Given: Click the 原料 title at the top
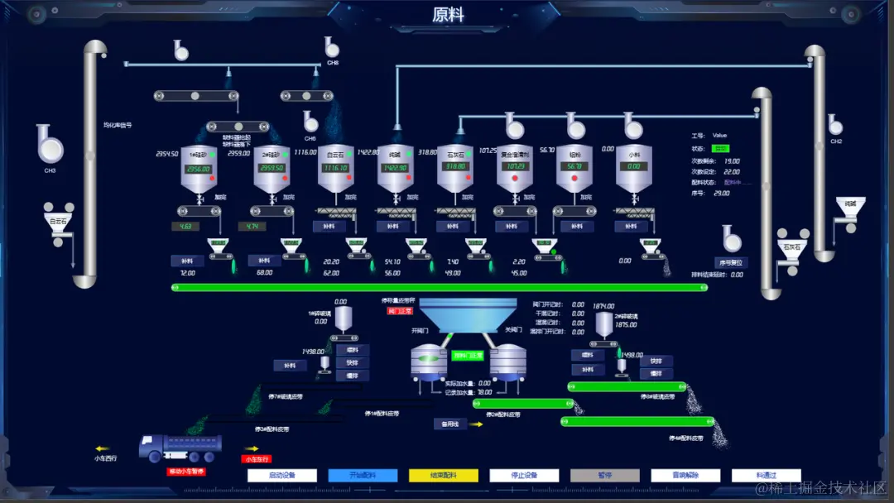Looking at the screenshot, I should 448,15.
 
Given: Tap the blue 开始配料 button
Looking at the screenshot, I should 363,476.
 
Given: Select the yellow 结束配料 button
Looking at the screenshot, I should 443,476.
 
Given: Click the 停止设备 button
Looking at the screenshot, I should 524,476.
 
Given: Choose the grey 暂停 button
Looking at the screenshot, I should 604,476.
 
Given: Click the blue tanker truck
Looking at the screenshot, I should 180,448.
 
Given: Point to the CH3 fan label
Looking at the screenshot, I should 50,170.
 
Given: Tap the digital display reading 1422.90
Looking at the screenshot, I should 395,167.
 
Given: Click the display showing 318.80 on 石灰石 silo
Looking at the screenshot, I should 454,166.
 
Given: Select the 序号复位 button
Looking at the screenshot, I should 732,262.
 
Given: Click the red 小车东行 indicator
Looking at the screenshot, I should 257,458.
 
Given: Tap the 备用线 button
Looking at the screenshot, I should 450,424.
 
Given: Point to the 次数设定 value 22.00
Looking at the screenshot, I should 732,171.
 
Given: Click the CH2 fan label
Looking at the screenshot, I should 836,141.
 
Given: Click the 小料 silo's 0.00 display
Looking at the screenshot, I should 633,166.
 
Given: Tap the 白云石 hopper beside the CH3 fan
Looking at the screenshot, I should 58,222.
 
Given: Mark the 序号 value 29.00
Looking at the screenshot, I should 722,193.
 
